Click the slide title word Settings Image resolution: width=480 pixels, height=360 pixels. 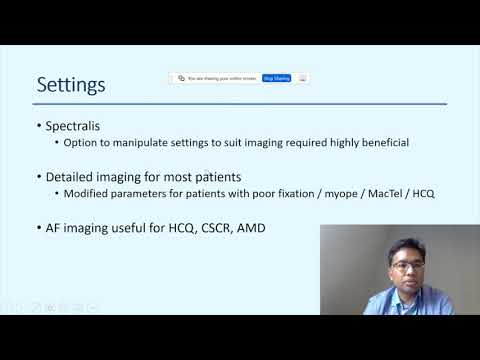tap(71, 84)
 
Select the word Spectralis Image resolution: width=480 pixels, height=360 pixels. tap(79, 126)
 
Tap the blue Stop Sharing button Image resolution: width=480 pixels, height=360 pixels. tap(276, 77)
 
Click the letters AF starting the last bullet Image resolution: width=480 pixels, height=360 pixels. tap(54, 229)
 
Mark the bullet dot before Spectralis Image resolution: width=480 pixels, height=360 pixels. tap(38, 127)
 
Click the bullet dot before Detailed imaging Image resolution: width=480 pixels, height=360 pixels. tap(38, 178)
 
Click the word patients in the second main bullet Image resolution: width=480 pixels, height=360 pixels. tap(214, 177)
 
